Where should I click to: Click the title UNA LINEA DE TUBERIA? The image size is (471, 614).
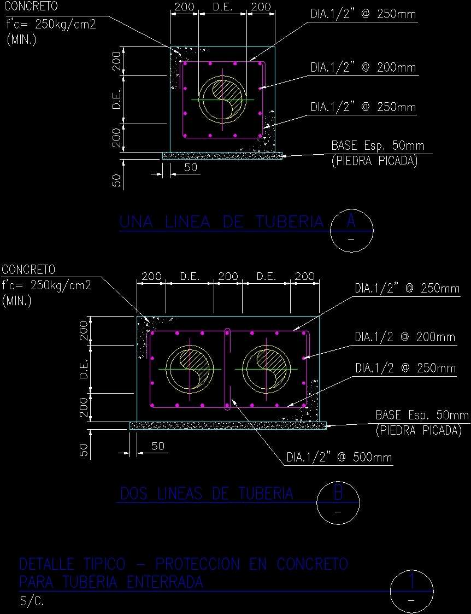(x=221, y=222)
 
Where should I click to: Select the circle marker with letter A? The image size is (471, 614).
(x=352, y=230)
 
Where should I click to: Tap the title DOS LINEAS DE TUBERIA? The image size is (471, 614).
(x=207, y=494)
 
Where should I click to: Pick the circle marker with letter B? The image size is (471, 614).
(x=338, y=502)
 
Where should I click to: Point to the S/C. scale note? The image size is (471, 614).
(x=32, y=602)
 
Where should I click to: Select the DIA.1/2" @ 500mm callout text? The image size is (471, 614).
(x=339, y=458)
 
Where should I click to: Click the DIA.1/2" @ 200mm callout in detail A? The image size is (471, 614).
(x=363, y=68)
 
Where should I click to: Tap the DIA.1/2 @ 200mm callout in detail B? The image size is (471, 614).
(x=405, y=337)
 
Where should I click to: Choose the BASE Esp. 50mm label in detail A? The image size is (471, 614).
(x=378, y=147)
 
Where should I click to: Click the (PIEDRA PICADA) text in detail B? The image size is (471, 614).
(x=419, y=431)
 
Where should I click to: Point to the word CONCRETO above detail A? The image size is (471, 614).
(x=31, y=7)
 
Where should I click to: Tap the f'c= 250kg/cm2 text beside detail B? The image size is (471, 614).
(x=46, y=285)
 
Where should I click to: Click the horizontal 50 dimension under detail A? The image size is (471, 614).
(x=190, y=168)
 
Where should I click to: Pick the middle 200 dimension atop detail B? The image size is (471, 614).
(x=228, y=277)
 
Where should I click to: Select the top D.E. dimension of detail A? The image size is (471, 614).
(x=222, y=7)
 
